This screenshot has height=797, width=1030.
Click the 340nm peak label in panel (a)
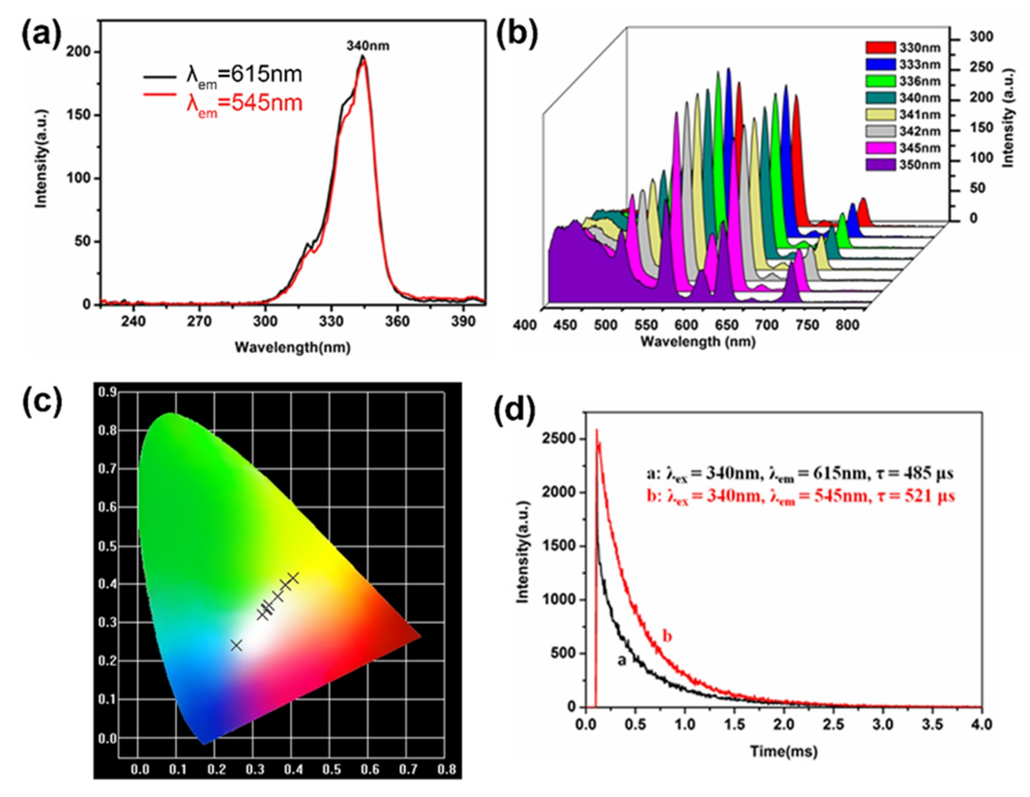(368, 46)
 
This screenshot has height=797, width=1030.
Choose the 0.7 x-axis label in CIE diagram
(408, 770)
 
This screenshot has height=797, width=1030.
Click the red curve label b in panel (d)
(667, 637)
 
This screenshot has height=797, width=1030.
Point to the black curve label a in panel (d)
(622, 661)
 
